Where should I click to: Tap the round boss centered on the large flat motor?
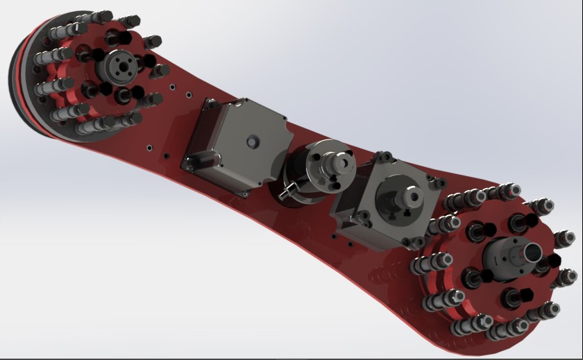pos(252,141)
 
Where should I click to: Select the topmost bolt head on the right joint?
pos(513,189)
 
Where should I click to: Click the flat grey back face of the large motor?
pos(243,149)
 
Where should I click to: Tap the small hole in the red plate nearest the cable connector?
pos(167,157)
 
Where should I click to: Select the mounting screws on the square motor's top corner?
pos(437,182)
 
